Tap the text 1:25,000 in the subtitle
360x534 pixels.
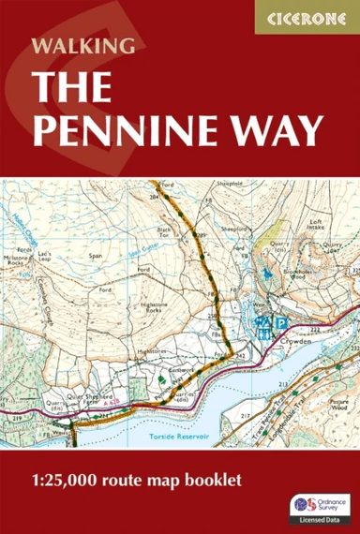tap(63, 481)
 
